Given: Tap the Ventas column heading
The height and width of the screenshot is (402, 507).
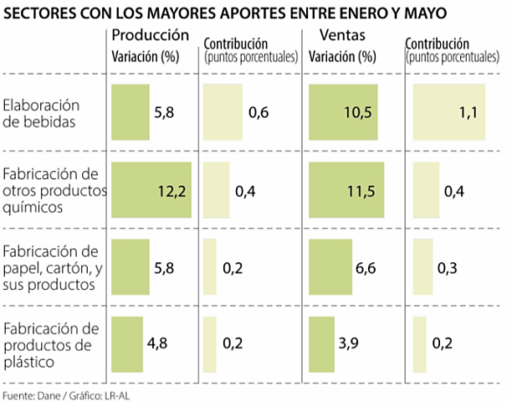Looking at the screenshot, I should [x=342, y=36].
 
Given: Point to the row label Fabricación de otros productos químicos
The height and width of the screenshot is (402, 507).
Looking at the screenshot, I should [x=52, y=189].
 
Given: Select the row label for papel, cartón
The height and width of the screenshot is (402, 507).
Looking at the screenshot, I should [x=52, y=267].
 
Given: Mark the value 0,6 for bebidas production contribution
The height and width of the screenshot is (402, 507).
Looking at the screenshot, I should [x=259, y=113].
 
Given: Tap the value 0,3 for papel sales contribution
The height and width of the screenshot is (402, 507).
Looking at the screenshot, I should [x=448, y=267].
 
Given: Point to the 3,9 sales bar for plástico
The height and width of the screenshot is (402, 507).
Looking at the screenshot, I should [x=321, y=344].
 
